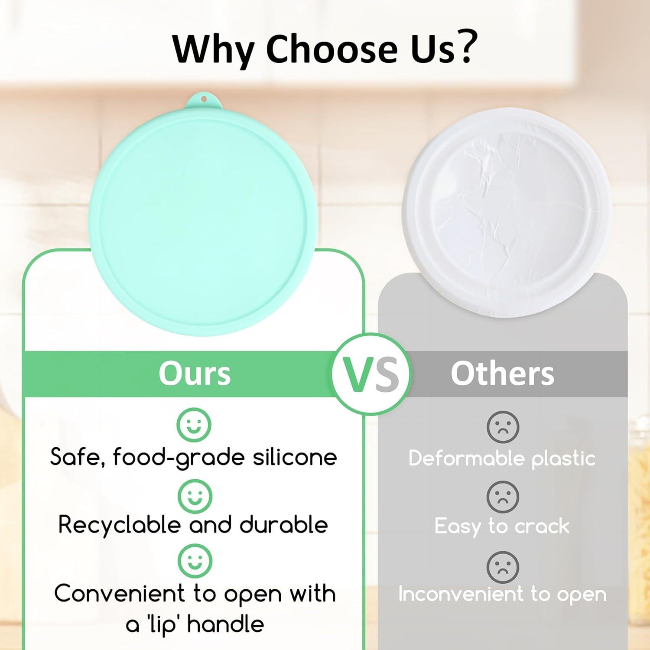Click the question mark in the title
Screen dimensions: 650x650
point(465,47)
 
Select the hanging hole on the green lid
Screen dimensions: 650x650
point(204,99)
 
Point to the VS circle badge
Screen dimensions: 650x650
point(371,374)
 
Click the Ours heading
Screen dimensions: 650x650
point(195,374)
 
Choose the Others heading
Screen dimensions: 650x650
point(502,374)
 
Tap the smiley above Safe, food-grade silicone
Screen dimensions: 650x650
point(194,425)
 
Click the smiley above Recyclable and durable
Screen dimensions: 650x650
point(195,496)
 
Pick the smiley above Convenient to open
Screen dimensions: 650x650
point(195,562)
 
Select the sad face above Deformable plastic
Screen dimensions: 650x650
point(503,427)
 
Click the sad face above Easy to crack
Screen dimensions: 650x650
point(503,497)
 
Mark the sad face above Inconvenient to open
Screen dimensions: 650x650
point(503,567)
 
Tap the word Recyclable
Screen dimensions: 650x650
point(119,526)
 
